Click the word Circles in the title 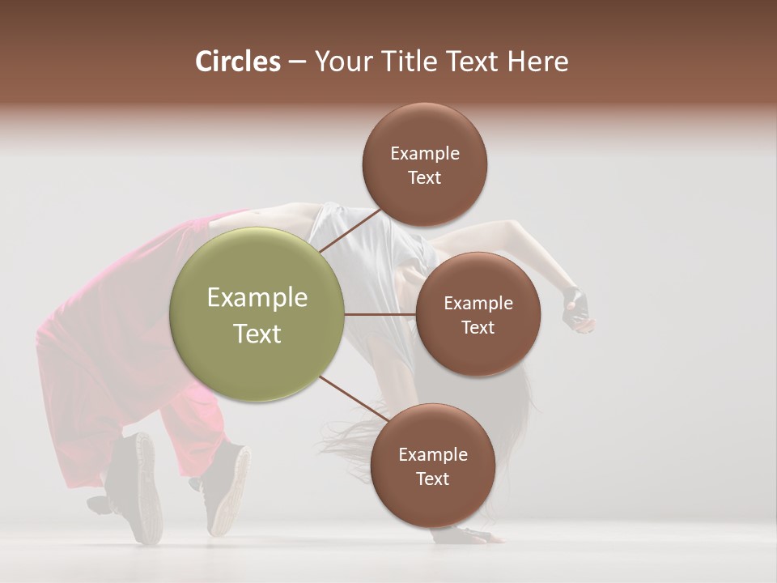click(237, 62)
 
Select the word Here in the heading click(537, 62)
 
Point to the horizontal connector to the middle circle click(380, 314)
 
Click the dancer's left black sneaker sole click(146, 486)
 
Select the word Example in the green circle click(257, 298)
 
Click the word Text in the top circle click(425, 178)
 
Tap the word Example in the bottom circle click(432, 454)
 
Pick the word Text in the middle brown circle click(478, 327)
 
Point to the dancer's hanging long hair click(356, 441)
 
